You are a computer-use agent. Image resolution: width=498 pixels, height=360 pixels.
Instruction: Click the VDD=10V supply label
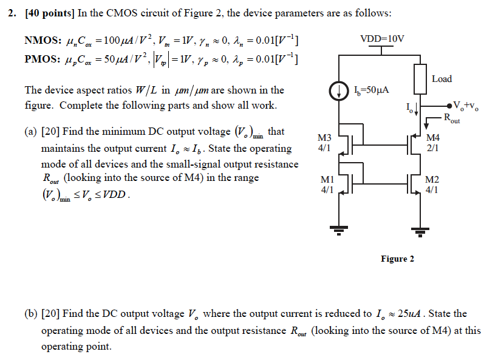click(x=381, y=39)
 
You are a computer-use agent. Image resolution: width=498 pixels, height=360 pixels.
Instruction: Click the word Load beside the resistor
click(x=442, y=79)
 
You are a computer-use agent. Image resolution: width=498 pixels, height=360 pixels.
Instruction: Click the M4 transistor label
click(x=433, y=137)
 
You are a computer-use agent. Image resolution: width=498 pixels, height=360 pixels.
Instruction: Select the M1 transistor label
click(x=327, y=180)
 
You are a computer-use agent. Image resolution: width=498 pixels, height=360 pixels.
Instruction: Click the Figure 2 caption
click(x=397, y=259)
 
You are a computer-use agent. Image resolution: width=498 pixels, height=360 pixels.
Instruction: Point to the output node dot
click(x=449, y=103)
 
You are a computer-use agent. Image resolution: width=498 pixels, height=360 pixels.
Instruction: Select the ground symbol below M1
click(x=338, y=229)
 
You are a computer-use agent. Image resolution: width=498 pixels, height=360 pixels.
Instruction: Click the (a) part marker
click(x=31, y=132)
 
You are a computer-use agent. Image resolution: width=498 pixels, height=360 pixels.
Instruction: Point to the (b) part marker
click(x=31, y=314)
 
